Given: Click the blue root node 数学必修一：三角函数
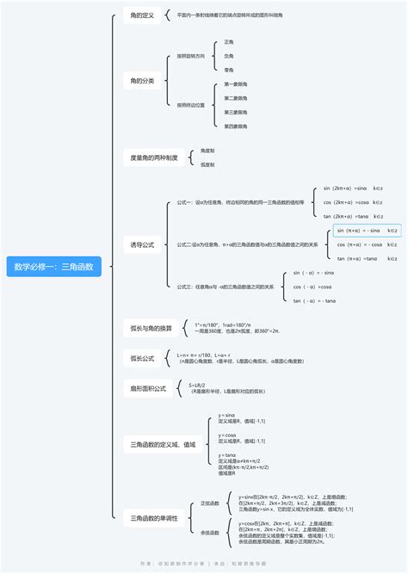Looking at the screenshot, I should click(53, 268).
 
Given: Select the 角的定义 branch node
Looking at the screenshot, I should click(142, 15).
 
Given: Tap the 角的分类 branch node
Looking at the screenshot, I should click(142, 81).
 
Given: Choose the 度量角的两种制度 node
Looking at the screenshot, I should click(154, 157).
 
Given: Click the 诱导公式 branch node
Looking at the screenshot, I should click(142, 245).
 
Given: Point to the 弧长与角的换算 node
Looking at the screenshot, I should click(151, 328).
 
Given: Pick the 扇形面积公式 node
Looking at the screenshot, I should click(148, 388).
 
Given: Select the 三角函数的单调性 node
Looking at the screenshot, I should click(154, 518).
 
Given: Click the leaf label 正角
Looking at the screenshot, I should click(229, 41).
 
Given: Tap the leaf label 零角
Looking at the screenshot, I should click(229, 70).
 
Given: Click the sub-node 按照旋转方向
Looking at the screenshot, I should click(191, 56).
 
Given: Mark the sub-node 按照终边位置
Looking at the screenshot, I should click(191, 105).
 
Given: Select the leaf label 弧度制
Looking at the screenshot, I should click(207, 164).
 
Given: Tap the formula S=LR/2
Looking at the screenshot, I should click(198, 385).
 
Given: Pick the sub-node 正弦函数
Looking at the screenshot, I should click(210, 503).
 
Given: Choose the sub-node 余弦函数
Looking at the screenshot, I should click(210, 532).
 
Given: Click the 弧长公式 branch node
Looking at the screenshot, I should click(142, 358).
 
